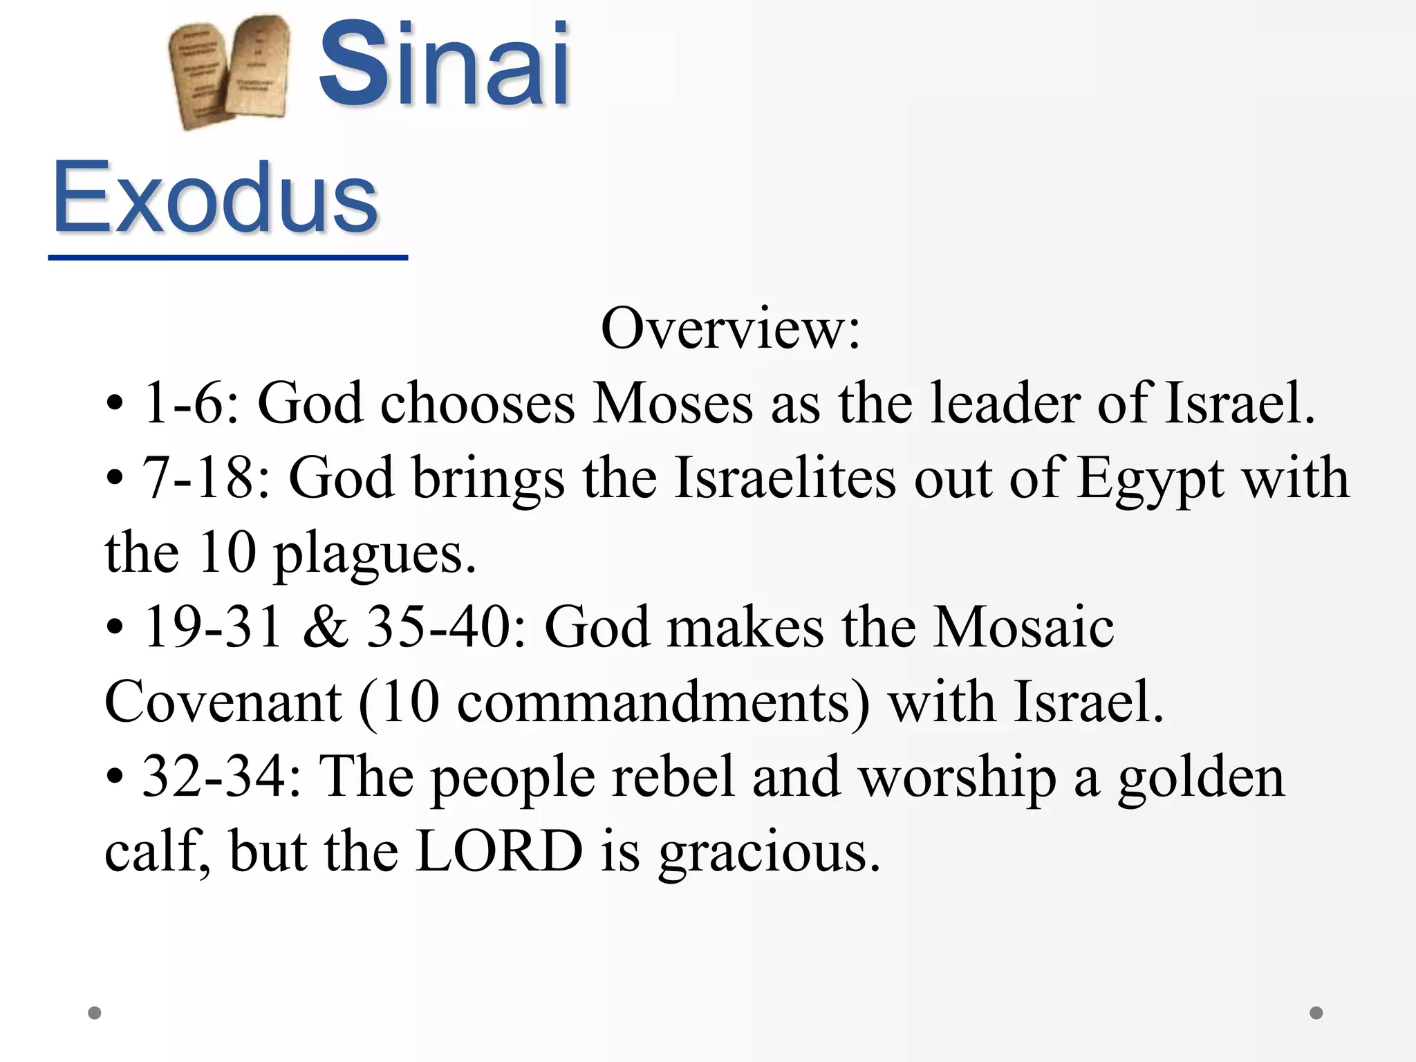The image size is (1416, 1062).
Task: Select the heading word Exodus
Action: [x=215, y=198]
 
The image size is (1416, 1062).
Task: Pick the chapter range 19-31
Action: [x=212, y=627]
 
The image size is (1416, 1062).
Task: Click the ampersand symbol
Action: [x=325, y=627]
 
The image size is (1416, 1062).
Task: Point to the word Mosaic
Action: [x=1023, y=627]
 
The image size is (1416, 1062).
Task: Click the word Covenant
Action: [x=223, y=702]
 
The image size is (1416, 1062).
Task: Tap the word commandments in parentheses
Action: [x=653, y=702]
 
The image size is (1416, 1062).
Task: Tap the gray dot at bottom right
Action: [x=1316, y=1013]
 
